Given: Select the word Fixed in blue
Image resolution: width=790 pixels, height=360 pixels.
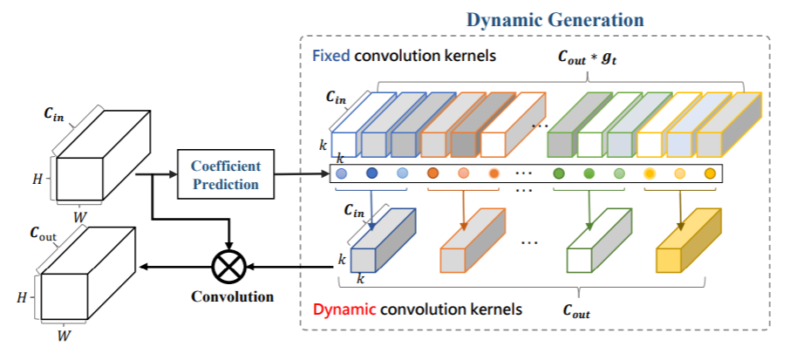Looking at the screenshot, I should coord(330,56).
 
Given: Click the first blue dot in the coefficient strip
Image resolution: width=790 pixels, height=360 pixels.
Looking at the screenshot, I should coord(341,174).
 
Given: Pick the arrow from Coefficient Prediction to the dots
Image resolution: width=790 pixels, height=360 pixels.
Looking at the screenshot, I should coord(302,173).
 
